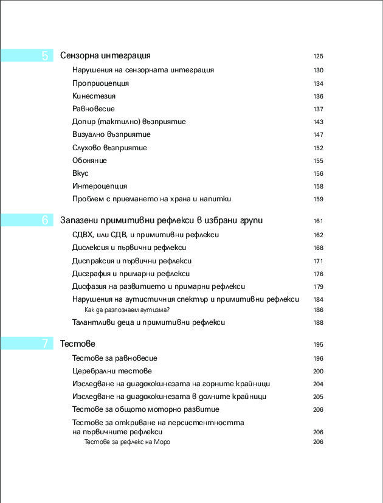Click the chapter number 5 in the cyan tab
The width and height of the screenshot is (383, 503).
click(x=45, y=56)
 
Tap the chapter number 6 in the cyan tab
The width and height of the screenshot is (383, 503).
click(x=45, y=220)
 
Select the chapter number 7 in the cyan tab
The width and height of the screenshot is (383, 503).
click(x=45, y=344)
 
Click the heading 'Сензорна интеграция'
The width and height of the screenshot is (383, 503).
click(x=105, y=56)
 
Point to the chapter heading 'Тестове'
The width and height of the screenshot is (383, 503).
click(x=78, y=344)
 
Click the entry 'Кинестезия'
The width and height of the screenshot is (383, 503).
click(x=94, y=96)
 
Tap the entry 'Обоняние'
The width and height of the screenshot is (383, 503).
click(x=89, y=161)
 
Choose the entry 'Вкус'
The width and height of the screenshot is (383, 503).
click(x=80, y=173)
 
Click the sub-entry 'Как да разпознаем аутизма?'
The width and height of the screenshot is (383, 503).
click(x=126, y=310)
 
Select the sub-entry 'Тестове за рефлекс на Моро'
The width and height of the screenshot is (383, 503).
click(x=127, y=442)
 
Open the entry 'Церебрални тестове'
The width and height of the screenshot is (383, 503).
click(x=112, y=370)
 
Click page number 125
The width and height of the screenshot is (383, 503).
click(x=318, y=57)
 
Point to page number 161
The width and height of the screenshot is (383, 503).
click(x=318, y=221)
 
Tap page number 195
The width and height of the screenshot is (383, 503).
click(x=318, y=345)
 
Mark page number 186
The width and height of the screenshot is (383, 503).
click(x=318, y=310)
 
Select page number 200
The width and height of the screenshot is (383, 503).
click(x=318, y=371)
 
